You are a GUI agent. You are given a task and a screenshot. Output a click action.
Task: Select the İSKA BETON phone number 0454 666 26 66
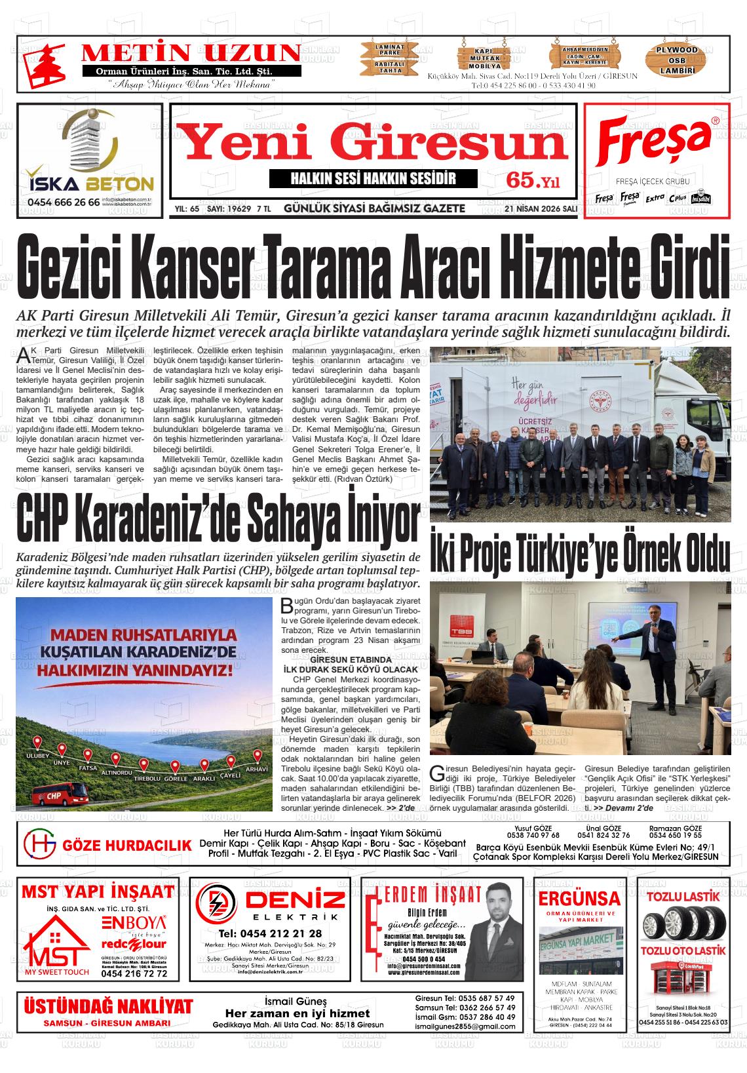pyautogui.click(x=64, y=203)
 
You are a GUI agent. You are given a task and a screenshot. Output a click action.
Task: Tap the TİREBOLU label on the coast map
pyautogui.click(x=147, y=779)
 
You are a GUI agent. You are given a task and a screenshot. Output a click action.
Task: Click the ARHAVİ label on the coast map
pyautogui.click(x=257, y=769)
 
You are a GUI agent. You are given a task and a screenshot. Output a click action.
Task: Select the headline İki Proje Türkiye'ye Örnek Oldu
pyautogui.click(x=579, y=551)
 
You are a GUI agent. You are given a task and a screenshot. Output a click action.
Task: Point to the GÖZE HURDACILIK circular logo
pyautogui.click(x=40, y=844)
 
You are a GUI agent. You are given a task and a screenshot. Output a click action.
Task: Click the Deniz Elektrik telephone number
pyautogui.click(x=270, y=933)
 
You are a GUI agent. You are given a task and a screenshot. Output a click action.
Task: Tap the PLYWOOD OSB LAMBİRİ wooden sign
pyautogui.click(x=677, y=60)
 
